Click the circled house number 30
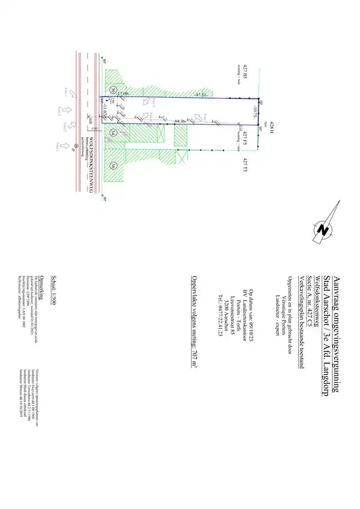click(x=113, y=90)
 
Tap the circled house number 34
click(x=113, y=132)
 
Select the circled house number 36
click(x=113, y=166)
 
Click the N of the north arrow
click(x=325, y=230)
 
